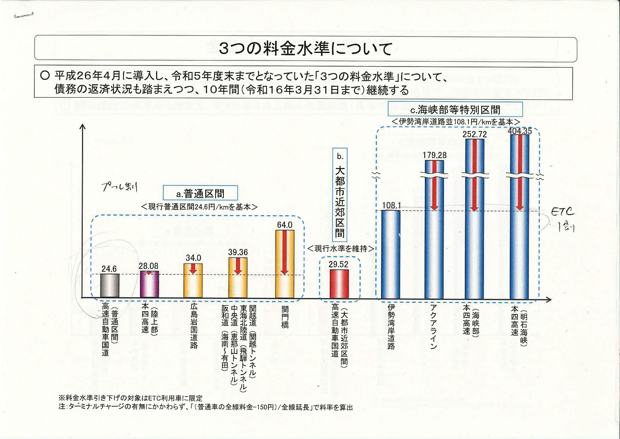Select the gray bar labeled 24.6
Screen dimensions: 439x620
tap(110, 286)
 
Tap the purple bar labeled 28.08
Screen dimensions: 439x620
tap(149, 285)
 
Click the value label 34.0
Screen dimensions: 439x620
tap(193, 258)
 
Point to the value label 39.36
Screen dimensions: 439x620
tap(238, 252)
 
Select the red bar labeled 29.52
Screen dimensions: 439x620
tap(339, 284)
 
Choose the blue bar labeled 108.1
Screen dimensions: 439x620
tap(390, 254)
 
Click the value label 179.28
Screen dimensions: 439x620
tap(434, 155)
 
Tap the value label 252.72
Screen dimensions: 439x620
tap(474, 134)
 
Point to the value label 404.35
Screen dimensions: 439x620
tap(519, 131)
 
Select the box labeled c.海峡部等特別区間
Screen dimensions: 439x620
tap(455, 110)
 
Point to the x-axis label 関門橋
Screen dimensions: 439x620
tap(285, 317)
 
